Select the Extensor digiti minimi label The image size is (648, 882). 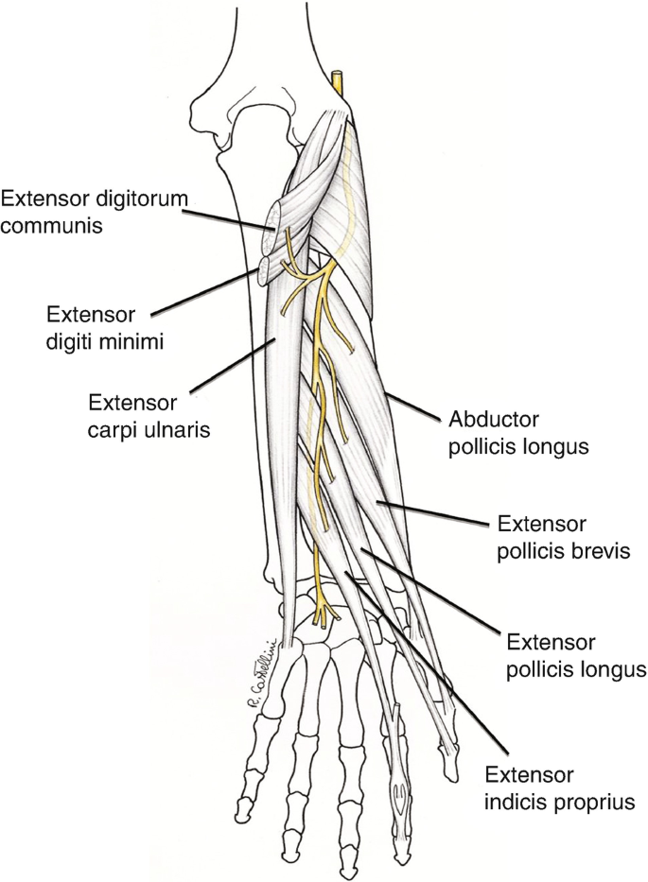(104, 326)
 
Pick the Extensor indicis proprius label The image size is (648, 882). (557, 788)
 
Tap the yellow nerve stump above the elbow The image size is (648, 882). (340, 81)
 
